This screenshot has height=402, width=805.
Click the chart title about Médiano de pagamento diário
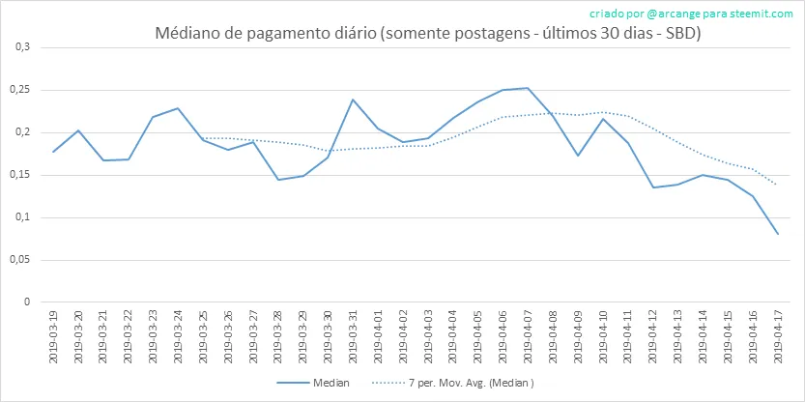click(427, 34)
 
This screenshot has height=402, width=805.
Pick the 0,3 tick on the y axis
click(23, 47)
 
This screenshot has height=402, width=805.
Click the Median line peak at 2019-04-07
click(528, 88)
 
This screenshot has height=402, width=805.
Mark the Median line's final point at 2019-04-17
click(777, 234)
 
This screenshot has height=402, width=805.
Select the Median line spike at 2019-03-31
click(353, 100)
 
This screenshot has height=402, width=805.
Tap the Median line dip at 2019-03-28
click(278, 180)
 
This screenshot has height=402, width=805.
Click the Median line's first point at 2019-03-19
click(54, 152)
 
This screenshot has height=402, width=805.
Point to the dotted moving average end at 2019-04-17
click(777, 185)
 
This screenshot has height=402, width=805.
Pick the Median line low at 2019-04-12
click(652, 187)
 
